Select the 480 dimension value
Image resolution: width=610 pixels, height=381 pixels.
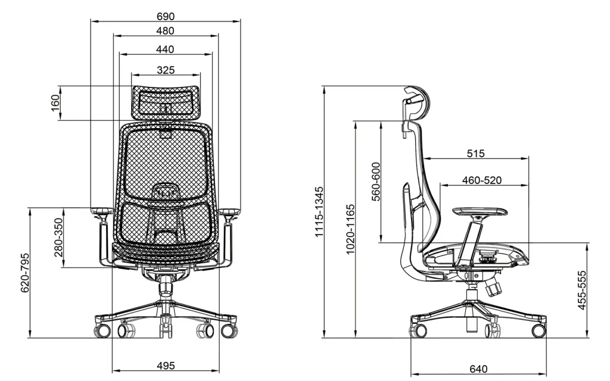[166, 30]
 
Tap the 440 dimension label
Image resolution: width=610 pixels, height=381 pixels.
[166, 49]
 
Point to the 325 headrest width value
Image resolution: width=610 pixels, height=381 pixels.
[166, 70]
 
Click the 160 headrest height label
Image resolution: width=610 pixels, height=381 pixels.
[55, 104]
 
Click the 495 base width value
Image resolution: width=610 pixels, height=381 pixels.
[166, 366]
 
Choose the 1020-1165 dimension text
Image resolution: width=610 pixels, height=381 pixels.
[350, 229]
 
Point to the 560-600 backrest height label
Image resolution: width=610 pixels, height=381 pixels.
[376, 182]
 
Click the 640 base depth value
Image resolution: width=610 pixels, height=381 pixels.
[478, 369]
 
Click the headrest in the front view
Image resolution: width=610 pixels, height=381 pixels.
[166, 101]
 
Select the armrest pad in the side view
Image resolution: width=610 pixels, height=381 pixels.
[477, 211]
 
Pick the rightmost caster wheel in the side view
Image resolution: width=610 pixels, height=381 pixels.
[538, 330]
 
